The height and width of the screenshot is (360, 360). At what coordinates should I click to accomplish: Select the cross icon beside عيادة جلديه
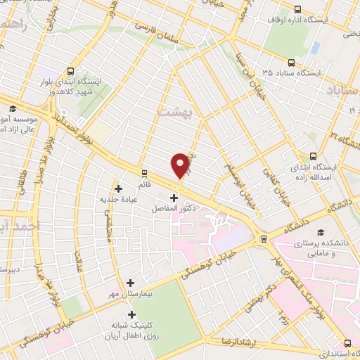point(118,188)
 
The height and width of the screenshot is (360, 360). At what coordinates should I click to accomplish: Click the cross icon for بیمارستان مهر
point(130,283)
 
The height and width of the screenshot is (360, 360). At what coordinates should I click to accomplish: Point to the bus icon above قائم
point(145,172)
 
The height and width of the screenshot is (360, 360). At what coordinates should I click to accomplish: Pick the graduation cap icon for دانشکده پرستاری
point(321,233)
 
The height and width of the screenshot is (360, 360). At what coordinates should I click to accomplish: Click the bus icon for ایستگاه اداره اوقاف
point(298,9)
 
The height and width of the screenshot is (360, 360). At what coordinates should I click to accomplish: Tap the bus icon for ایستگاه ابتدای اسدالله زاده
point(312,157)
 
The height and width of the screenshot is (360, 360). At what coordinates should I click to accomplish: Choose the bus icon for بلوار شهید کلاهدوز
point(71,71)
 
